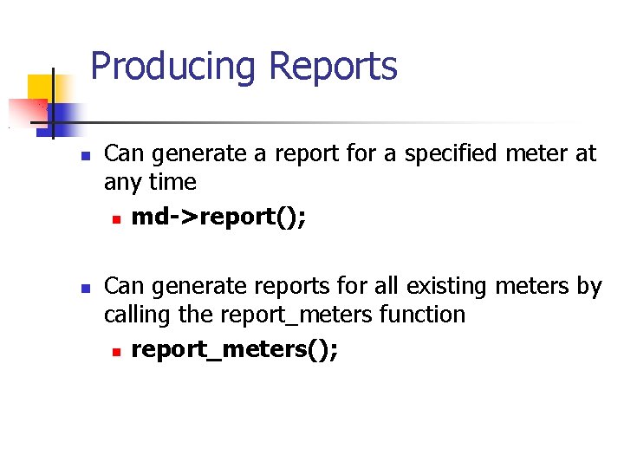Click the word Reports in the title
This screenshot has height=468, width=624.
click(333, 67)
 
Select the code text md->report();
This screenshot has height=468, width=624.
click(218, 217)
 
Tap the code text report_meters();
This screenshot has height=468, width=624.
click(235, 349)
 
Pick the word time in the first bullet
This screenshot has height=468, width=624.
click(172, 183)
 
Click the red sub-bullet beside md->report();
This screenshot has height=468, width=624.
click(114, 219)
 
